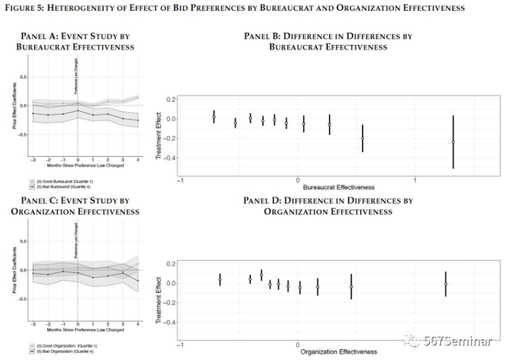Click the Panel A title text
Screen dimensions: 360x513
coord(75,41)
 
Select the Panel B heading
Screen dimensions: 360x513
coord(328,41)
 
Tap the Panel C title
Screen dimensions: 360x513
coord(75,206)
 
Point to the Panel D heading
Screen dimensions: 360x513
coord(328,206)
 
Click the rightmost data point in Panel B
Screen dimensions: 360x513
coord(453,142)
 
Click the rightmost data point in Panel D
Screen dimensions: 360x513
coord(446,284)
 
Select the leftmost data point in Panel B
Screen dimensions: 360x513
coord(214,117)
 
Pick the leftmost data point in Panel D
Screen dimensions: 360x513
coord(220,280)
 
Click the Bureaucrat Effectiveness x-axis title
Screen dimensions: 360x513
coord(338,187)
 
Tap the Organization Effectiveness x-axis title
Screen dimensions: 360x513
coord(338,352)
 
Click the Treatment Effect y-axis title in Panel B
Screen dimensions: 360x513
coord(159,136)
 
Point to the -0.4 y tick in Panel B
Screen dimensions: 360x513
coord(171,158)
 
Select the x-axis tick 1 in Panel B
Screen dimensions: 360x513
coord(415,180)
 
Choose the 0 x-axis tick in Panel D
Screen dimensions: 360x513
coord(298,345)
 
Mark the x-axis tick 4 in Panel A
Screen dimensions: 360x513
coord(137,161)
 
